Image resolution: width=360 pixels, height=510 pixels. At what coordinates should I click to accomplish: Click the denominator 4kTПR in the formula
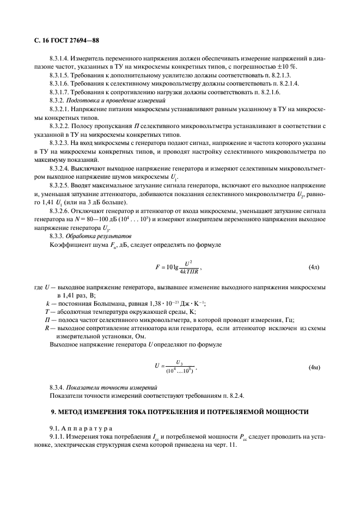(189, 270)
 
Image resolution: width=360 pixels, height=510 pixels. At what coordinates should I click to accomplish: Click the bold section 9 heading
(180, 411)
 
